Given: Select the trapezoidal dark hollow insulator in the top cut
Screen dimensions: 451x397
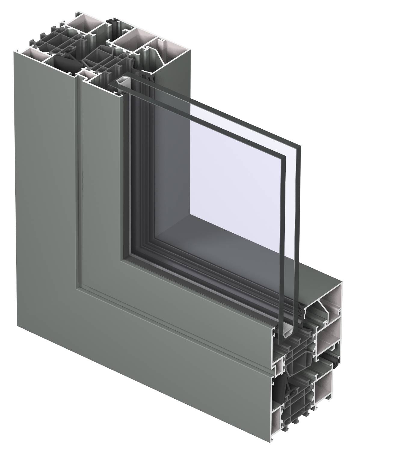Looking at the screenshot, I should (x=95, y=57).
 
